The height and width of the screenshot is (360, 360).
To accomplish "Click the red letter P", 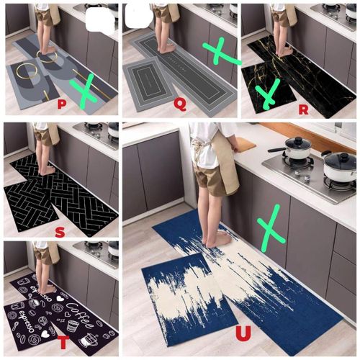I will [62, 104].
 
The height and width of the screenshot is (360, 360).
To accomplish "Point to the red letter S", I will [60, 231].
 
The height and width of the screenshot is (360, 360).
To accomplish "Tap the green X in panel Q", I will [221, 51].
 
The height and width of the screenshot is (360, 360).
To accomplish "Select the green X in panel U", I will [271, 228].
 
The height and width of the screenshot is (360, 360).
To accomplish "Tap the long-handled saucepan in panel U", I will [295, 148].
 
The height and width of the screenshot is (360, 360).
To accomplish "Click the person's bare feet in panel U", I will [215, 238].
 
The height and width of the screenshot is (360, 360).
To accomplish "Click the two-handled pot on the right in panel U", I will [339, 166].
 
